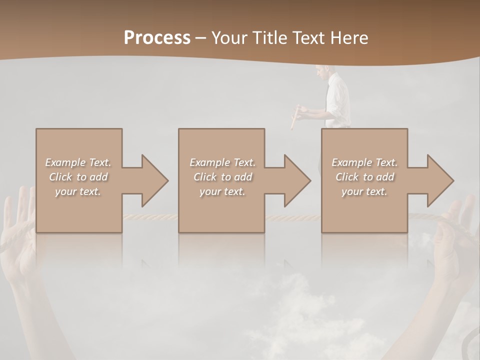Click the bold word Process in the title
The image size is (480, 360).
click(x=157, y=37)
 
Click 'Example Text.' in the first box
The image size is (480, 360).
click(x=78, y=162)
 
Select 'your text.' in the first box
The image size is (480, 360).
click(x=78, y=191)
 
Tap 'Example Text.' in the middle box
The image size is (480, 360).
click(x=222, y=162)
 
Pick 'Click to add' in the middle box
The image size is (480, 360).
click(x=222, y=177)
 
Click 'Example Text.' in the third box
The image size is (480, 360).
click(x=364, y=162)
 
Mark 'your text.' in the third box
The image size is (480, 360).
click(x=364, y=191)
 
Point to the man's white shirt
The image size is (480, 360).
click(x=338, y=97)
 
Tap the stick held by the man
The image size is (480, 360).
click(x=295, y=117)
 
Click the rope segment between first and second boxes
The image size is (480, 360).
click(x=150, y=217)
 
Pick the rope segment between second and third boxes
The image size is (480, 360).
click(x=293, y=217)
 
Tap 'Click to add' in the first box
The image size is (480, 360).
click(x=78, y=177)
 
